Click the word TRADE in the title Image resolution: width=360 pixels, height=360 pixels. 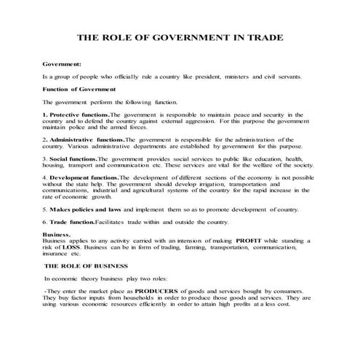(263, 38)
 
